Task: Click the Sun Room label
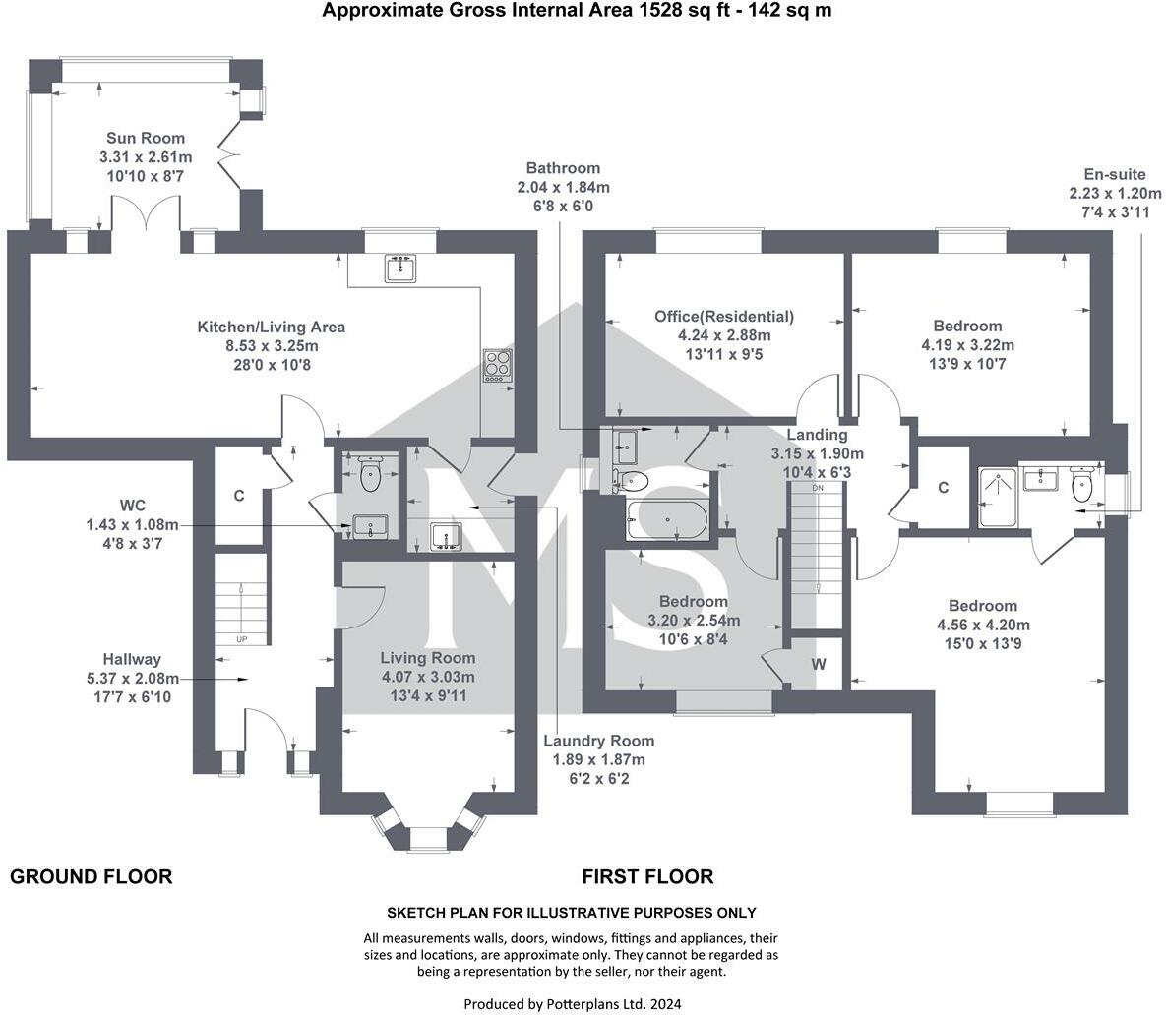coord(146,139)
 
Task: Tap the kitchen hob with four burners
coord(497,364)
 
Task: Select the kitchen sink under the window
coord(399,269)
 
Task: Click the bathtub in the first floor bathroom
coord(667,519)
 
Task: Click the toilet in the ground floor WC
coord(370,474)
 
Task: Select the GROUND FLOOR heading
coord(91,876)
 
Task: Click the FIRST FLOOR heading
coord(647,876)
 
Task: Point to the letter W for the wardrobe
coord(819,663)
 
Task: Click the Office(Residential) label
coord(724,317)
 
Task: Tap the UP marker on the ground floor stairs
coord(241,639)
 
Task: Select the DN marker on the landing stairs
coord(817,488)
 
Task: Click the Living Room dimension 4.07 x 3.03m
coord(427,677)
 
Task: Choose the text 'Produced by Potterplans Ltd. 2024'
coord(572,1004)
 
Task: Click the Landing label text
coord(817,435)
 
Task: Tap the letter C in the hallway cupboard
coord(238,497)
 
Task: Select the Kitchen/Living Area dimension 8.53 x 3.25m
coord(272,346)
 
